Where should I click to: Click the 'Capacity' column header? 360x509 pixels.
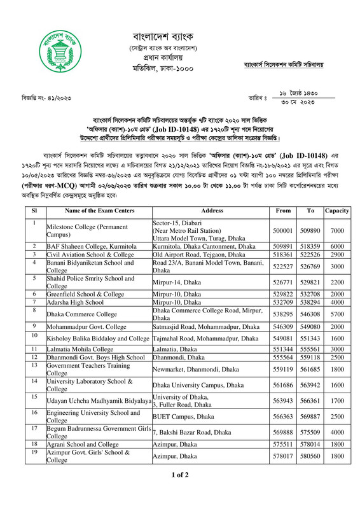coord(336,210)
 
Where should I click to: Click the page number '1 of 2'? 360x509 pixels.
coord(180,492)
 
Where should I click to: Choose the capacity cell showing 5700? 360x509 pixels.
coord(336,314)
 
